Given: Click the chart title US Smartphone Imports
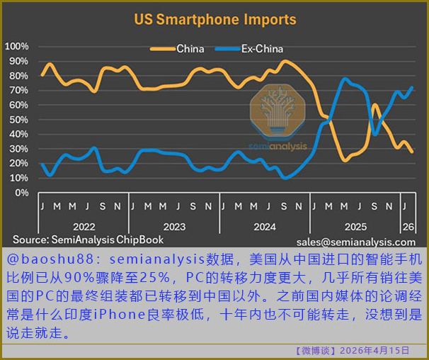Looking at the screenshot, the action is pos(215,20).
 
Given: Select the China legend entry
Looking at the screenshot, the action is pos(177,49).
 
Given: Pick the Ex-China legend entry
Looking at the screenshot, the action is pos(249,49).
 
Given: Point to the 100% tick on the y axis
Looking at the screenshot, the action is pos(17,47).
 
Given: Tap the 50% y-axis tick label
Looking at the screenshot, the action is pos(18,120).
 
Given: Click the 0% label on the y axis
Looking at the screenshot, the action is pos(22,193).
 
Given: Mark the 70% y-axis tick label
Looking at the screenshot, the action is pos(18,91).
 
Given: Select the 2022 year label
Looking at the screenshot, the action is pos(84,227).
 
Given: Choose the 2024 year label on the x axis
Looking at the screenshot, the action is pos(265,227).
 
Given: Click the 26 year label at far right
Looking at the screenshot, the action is pos(408,227).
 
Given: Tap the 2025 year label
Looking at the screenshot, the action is pos(355,227).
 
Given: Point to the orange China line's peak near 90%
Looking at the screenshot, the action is pos(285,62).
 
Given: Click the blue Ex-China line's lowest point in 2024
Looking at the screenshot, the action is pos(285,178).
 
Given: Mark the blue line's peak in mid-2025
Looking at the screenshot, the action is pos(345,79).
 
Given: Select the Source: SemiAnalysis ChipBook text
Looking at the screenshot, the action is pos(88,240).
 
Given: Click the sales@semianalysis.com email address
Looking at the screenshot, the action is pos(356,242).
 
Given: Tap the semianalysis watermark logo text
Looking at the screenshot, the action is pos(278,146).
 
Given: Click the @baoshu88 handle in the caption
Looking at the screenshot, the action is pos(50,259).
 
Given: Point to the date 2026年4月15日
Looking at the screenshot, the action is pos(374,350).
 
